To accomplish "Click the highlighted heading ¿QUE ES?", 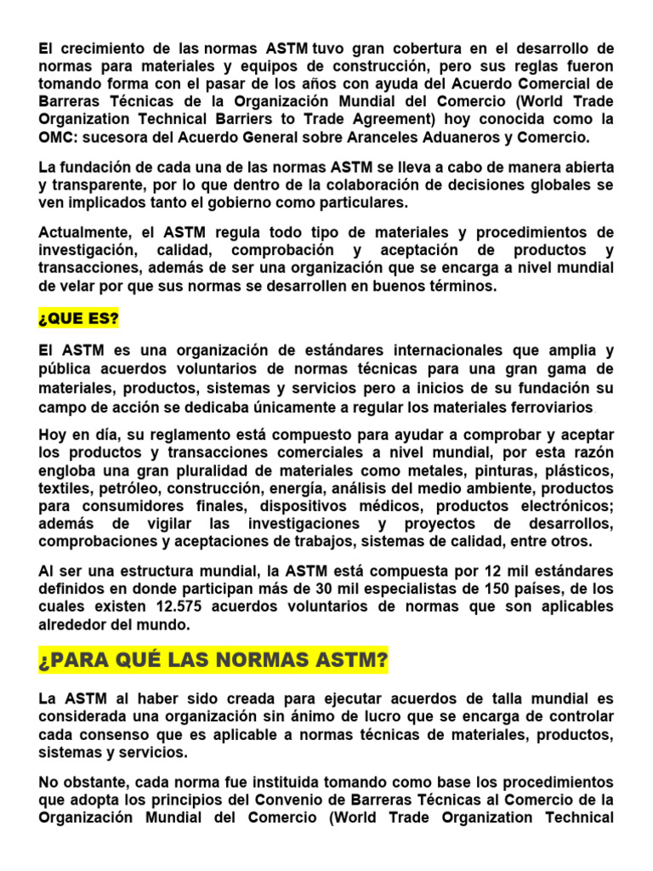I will (78, 320).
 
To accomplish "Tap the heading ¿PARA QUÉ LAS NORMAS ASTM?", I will (213, 659).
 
